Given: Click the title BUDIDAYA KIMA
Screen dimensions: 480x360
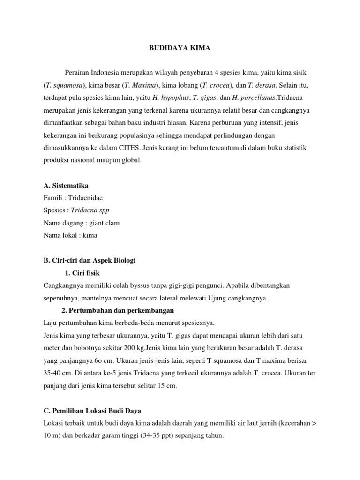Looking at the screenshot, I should coord(180,48).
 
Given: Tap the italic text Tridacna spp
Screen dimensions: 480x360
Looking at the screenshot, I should coord(90,210).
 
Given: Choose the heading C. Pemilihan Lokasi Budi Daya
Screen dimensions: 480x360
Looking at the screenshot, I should coord(92,410).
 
